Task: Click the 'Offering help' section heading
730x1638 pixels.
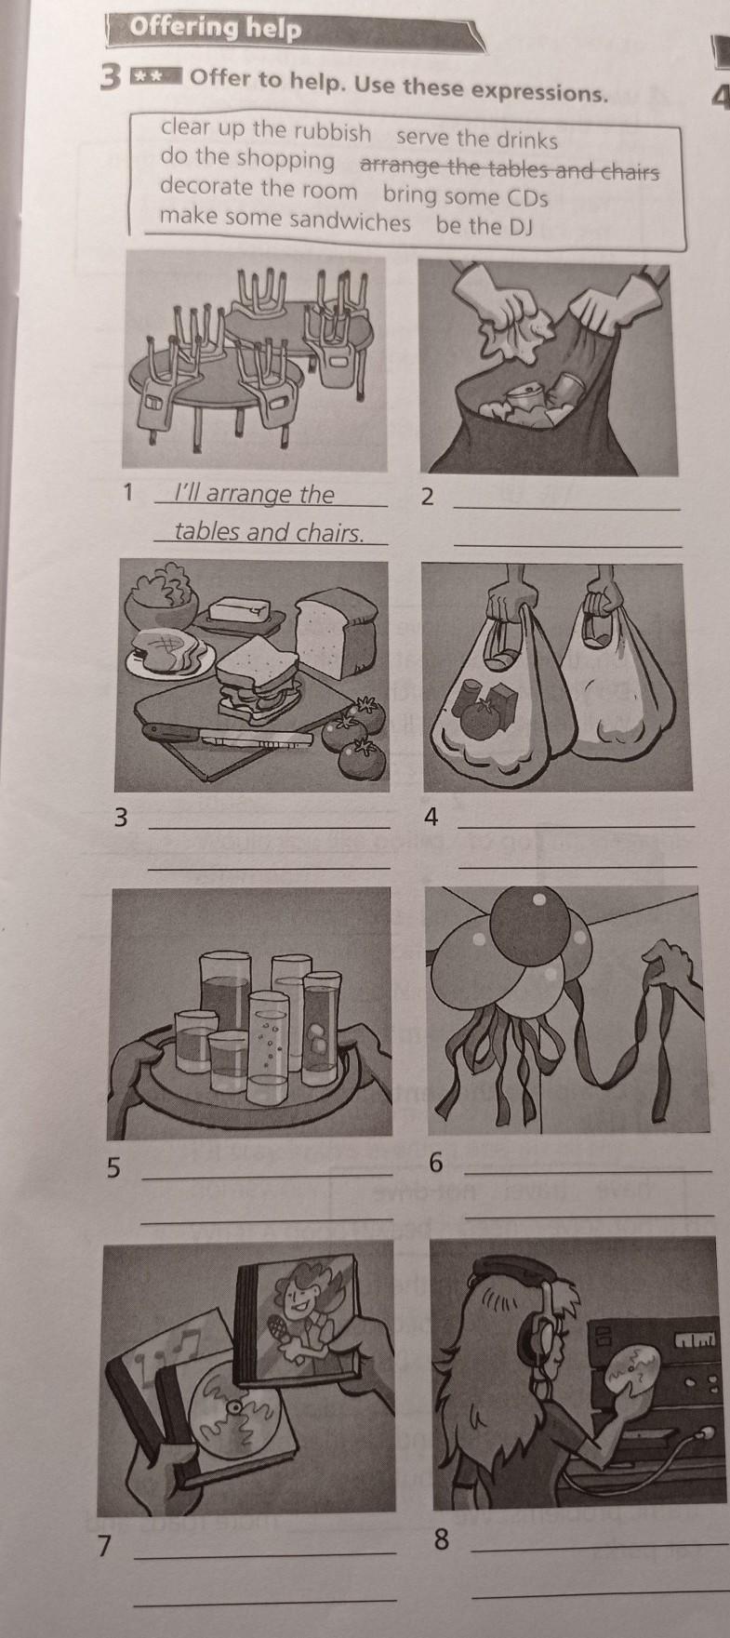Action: click(217, 29)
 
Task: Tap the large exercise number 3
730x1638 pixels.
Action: click(110, 79)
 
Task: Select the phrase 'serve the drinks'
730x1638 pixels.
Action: click(477, 140)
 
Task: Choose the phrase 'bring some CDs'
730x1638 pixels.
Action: click(465, 196)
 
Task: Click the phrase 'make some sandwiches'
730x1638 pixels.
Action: click(285, 221)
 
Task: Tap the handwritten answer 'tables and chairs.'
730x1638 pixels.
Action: click(269, 532)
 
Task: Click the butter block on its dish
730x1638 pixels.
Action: click(238, 611)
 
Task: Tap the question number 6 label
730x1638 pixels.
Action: click(439, 1163)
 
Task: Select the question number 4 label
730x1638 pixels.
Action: click(430, 818)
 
